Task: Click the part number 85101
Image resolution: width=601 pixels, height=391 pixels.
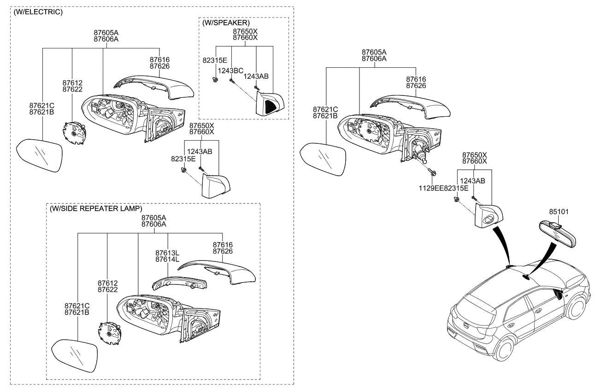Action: pyautogui.click(x=559, y=212)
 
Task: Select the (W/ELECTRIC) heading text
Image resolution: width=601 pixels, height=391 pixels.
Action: pyautogui.click(x=38, y=12)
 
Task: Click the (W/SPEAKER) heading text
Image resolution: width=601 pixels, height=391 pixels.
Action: pyautogui.click(x=226, y=22)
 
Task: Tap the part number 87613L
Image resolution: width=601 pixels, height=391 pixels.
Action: pyautogui.click(x=167, y=253)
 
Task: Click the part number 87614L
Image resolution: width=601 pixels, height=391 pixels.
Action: pyautogui.click(x=167, y=260)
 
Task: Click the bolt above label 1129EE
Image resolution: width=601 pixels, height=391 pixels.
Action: pyautogui.click(x=434, y=173)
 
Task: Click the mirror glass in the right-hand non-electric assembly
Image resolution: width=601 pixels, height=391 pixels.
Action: pyautogui.click(x=323, y=160)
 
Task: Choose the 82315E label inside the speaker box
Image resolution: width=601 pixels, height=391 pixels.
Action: pyautogui.click(x=215, y=60)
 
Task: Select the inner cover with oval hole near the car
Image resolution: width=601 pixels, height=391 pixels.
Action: pyautogui.click(x=488, y=217)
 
